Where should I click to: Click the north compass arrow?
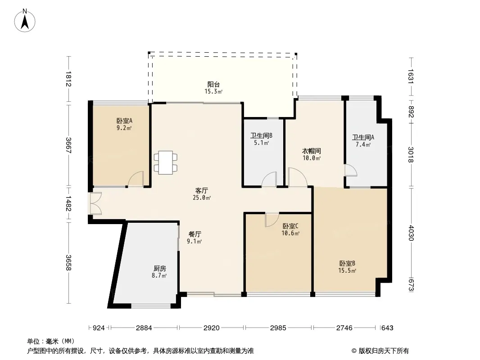click(25, 22)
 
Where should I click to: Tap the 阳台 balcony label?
click(213, 84)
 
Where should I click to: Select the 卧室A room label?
click(124, 121)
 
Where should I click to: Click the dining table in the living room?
click(166, 162)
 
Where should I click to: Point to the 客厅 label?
click(202, 190)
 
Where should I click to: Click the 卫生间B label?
click(261, 135)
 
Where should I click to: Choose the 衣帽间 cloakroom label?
click(312, 151)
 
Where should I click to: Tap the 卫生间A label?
click(363, 137)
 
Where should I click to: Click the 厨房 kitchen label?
click(159, 269)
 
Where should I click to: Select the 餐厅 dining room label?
click(195, 234)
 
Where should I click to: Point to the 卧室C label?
click(290, 226)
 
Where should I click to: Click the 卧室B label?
click(347, 263)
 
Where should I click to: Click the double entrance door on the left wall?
click(95, 203)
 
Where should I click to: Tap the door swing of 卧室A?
click(136, 179)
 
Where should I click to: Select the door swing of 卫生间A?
click(351, 171)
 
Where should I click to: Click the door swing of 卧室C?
click(272, 220)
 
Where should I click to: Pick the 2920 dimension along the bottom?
click(212, 328)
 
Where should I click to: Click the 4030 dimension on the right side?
click(411, 233)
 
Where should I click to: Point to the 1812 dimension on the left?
click(68, 79)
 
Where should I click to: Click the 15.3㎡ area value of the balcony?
click(213, 91)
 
